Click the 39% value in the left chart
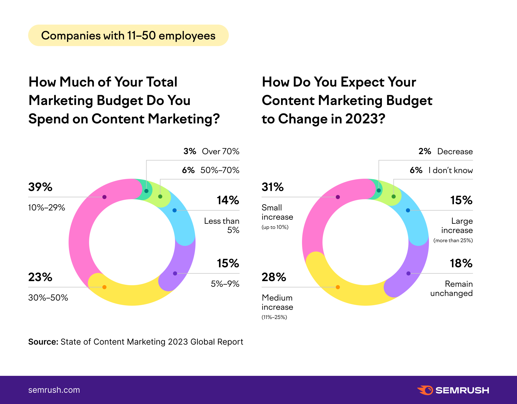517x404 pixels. pyautogui.click(x=40, y=187)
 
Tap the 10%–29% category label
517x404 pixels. pyautogui.click(x=46, y=207)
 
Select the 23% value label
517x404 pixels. pyautogui.click(x=40, y=277)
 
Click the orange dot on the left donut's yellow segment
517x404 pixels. pyautogui.click(x=104, y=287)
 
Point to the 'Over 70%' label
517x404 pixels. pyautogui.click(x=220, y=151)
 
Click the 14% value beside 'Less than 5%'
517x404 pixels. pyautogui.click(x=228, y=200)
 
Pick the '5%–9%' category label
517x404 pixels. pyautogui.click(x=225, y=284)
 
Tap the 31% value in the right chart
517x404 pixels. pyautogui.click(x=273, y=187)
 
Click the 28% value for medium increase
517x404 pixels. pyautogui.click(x=274, y=277)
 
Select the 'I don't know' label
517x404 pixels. pyautogui.click(x=450, y=170)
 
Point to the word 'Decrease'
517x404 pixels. pyautogui.click(x=455, y=151)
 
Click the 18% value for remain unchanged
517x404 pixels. pyautogui.click(x=461, y=263)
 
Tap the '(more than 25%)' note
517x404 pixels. pyautogui.click(x=453, y=240)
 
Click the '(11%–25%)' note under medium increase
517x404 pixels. pyautogui.click(x=274, y=317)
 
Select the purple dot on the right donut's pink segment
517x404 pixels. pyautogui.click(x=338, y=197)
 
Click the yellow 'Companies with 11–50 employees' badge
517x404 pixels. pyautogui.click(x=128, y=35)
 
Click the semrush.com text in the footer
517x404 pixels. pyautogui.click(x=54, y=390)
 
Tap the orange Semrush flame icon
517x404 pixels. pyautogui.click(x=425, y=390)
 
